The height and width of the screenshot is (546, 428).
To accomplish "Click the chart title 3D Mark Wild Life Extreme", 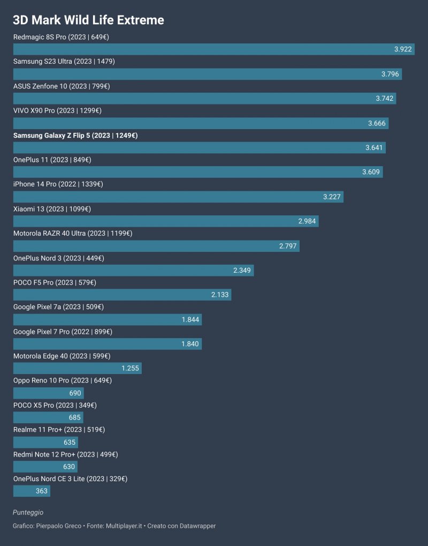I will pyautogui.click(x=88, y=20).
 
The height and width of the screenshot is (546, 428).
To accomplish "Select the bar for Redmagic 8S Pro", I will pyautogui.click(x=213, y=49).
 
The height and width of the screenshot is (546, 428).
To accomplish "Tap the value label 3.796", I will pyautogui.click(x=390, y=74).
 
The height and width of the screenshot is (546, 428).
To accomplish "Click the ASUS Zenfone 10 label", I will pyautogui.click(x=62, y=86).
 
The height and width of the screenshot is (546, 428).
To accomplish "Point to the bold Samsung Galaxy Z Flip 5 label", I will pyautogui.click(x=75, y=136).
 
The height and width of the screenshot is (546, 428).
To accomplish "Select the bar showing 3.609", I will pyautogui.click(x=198, y=172).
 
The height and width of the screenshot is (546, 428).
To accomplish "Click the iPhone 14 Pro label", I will pyautogui.click(x=58, y=184).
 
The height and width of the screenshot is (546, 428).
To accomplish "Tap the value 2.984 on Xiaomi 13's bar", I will pyautogui.click(x=307, y=221).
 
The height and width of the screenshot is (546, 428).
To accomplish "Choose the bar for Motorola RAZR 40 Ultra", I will pyautogui.click(x=156, y=246).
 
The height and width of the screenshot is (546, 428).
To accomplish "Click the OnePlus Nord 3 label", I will pyautogui.click(x=58, y=258).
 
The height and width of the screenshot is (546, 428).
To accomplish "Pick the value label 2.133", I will pyautogui.click(x=220, y=295).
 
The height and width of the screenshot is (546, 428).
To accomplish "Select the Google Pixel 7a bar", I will pyautogui.click(x=107, y=320).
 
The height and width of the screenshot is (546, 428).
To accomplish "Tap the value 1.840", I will pyautogui.click(x=190, y=345).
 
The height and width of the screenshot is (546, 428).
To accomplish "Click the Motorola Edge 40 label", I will pyautogui.click(x=62, y=356).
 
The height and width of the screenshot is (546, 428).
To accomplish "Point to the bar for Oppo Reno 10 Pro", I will pyautogui.click(x=48, y=393).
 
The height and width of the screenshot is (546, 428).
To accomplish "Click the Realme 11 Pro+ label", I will pyautogui.click(x=59, y=430).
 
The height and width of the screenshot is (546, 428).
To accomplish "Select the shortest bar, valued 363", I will pyautogui.click(x=32, y=491).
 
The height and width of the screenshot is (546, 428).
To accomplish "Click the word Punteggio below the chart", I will pyautogui.click(x=28, y=513).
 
